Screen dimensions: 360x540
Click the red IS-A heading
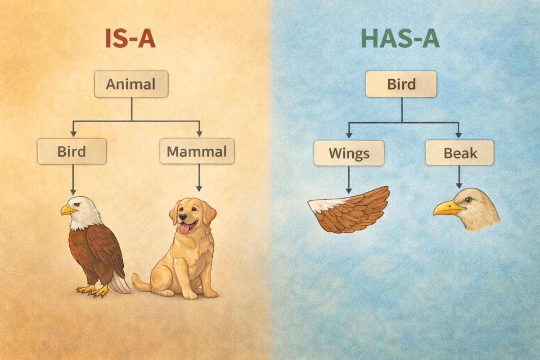click(x=130, y=39)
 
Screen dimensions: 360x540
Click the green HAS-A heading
click(x=400, y=39)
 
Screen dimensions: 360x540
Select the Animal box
click(x=131, y=84)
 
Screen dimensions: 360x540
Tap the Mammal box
click(x=197, y=151)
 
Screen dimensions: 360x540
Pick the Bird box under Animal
click(x=72, y=151)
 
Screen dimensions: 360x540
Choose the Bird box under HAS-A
click(x=401, y=84)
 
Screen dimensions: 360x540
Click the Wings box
click(x=349, y=153)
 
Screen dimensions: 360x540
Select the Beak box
click(x=459, y=153)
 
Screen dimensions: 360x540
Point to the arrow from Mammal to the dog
click(x=199, y=178)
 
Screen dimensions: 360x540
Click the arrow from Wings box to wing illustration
click(x=348, y=180)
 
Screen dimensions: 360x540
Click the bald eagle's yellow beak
click(x=68, y=209)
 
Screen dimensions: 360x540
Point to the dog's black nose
click(x=182, y=217)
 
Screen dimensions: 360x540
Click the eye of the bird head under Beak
click(x=468, y=200)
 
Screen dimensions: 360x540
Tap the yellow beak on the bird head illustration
click(x=448, y=208)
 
